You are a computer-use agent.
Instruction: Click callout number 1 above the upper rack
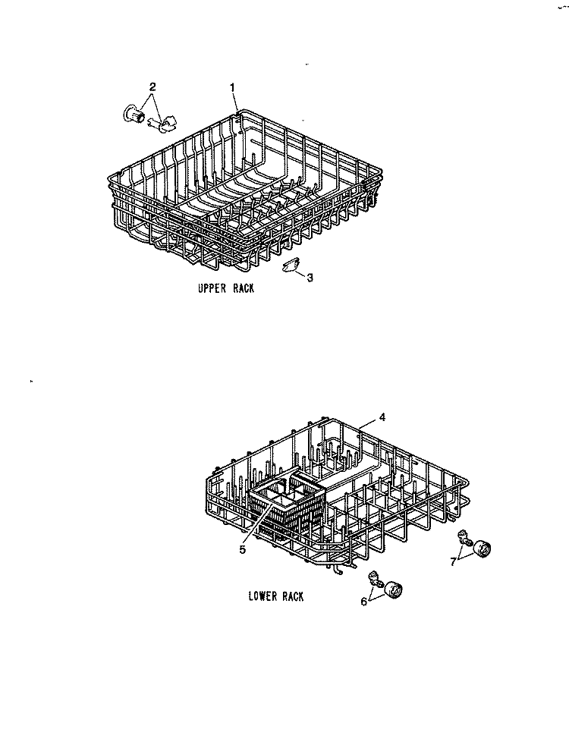tap(232, 87)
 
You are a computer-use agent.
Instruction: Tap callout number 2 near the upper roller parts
tap(152, 86)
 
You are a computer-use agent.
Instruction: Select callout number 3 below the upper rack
tap(310, 278)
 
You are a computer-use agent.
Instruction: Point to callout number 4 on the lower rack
tap(382, 417)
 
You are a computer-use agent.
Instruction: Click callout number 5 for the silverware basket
tap(243, 550)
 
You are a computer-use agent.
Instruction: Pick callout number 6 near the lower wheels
tap(364, 602)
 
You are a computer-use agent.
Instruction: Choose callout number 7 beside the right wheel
tap(453, 561)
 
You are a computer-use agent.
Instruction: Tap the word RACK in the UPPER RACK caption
tap(244, 288)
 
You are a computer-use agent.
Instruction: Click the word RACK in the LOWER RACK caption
tap(293, 596)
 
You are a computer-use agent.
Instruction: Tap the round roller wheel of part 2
tap(134, 115)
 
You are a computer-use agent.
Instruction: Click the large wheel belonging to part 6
tap(394, 590)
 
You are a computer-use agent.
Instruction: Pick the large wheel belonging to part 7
tap(481, 549)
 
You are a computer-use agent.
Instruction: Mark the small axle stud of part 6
tap(375, 579)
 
